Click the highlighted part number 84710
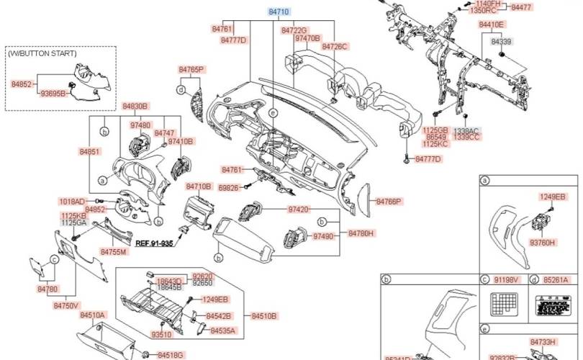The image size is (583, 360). coord(279,13)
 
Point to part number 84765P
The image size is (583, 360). coord(192,69)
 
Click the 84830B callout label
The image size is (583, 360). coord(135,106)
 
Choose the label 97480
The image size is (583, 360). coord(140,125)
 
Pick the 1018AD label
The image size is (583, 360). coord(72,201)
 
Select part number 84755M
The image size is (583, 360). coord(114,252)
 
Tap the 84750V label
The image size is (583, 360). coord(66,305)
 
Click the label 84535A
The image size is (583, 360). coord(222,330)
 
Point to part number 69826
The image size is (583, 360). coord(228,187)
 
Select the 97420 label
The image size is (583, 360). coord(298,210)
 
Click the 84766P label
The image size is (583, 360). coord(389,202)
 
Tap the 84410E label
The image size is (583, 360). coord(492,24)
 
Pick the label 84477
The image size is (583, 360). coord(522,7)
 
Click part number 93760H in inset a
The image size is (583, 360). coord(543,243)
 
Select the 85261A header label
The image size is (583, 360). coord(555,279)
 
